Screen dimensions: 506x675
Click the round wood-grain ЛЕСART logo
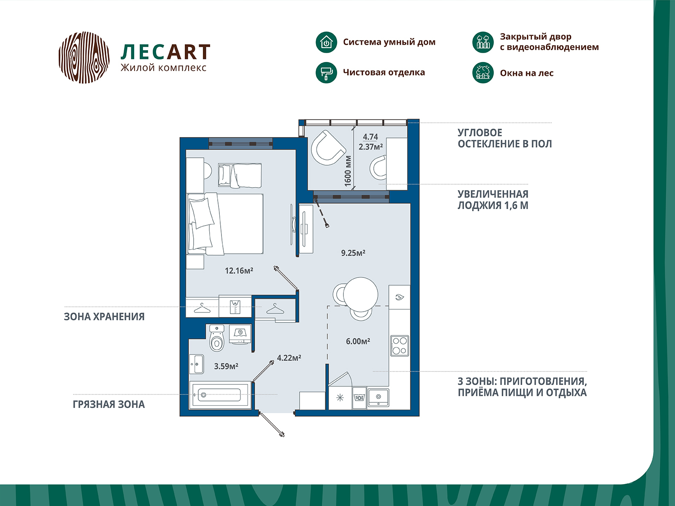(84, 57)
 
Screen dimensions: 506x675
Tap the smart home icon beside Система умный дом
(326, 42)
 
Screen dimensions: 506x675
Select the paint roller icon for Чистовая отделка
(326, 73)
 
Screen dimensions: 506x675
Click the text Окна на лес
(526, 73)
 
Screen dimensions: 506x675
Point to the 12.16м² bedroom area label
(239, 271)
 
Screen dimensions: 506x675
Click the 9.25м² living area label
(353, 253)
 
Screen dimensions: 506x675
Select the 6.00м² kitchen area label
(358, 341)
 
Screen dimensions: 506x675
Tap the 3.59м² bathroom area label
(226, 366)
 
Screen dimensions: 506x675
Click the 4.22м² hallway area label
(289, 358)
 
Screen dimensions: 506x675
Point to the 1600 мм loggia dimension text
(348, 171)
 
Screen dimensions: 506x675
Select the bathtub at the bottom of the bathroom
(220, 395)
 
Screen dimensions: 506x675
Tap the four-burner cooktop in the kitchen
(399, 345)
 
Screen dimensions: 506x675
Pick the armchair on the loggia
(327, 148)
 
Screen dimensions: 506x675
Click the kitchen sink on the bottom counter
(378, 397)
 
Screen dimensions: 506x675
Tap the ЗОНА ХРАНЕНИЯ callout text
(104, 317)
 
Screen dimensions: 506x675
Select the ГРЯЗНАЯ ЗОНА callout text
(108, 404)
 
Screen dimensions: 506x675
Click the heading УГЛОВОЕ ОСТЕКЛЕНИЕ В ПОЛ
(505, 138)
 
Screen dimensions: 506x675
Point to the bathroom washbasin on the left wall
(197, 364)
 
